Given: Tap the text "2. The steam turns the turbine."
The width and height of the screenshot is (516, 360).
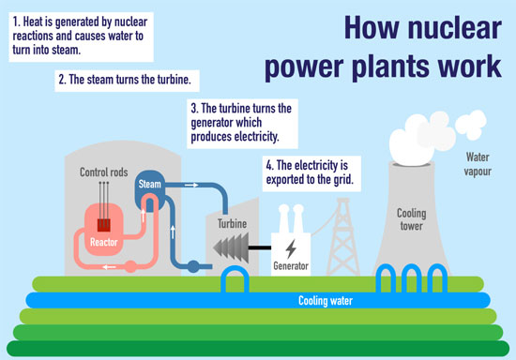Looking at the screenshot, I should (x=129, y=80).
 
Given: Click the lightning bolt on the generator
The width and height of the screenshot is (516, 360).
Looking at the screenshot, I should (x=291, y=249).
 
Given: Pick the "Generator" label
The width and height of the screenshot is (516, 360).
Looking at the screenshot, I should (x=291, y=266).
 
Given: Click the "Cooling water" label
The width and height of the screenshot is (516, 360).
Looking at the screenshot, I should (x=325, y=301).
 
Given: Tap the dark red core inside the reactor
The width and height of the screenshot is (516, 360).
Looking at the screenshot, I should (x=101, y=224).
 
